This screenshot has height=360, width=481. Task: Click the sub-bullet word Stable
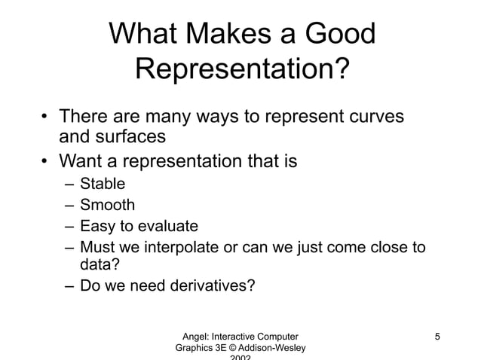[103, 183]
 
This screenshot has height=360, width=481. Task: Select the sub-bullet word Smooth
[108, 204]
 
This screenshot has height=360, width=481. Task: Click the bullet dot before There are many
[44, 118]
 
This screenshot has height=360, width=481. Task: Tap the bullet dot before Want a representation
[44, 161]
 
